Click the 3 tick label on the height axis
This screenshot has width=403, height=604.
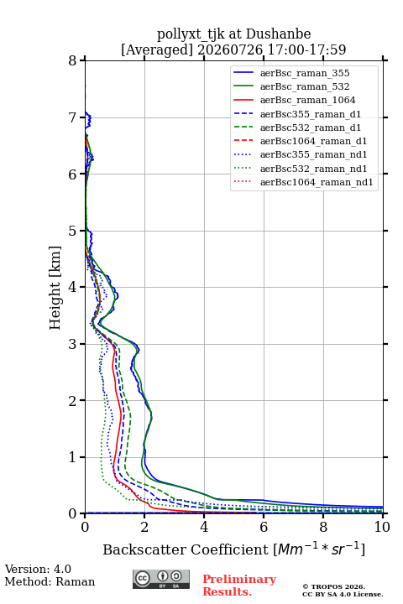coord(73,344)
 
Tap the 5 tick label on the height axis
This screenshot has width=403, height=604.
coord(73,231)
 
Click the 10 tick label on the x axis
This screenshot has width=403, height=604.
coord(382,527)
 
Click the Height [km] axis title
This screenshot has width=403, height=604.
coord(55,288)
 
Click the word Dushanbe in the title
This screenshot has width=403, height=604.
coord(278,34)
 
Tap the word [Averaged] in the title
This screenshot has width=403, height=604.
coord(157,50)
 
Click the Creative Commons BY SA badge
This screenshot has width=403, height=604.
coord(161,579)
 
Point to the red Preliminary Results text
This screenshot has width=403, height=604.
coord(239,586)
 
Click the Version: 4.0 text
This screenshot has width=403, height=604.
coord(38,569)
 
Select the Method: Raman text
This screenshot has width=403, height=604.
coord(50,581)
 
